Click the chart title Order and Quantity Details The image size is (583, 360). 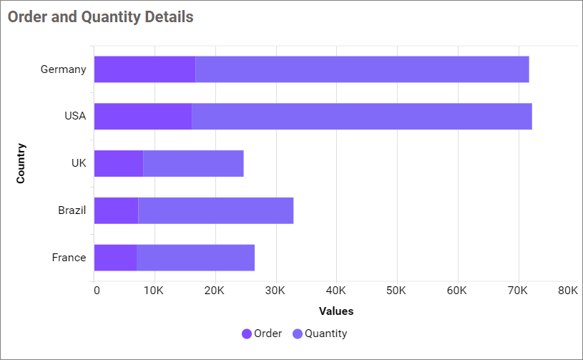click(100, 17)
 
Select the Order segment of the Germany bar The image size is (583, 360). click(144, 69)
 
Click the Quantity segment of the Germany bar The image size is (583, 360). click(362, 69)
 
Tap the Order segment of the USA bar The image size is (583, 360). click(143, 117)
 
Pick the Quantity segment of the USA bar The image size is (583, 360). click(362, 117)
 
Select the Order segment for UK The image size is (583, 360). click(119, 163)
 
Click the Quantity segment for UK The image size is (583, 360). click(193, 163)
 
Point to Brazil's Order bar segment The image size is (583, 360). click(116, 210)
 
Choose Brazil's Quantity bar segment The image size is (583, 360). click(215, 210)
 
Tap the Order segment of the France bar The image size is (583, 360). click(115, 258)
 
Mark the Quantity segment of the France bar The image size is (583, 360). click(195, 258)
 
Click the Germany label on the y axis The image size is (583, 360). click(63, 69)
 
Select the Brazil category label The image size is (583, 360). click(72, 210)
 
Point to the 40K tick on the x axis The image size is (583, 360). click(335, 291)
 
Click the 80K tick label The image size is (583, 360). click(568, 291)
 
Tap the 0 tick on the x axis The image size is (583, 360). click(97, 291)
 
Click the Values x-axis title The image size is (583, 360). click(336, 311)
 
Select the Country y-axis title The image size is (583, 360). click(21, 163)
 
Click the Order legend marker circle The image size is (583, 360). click(247, 334)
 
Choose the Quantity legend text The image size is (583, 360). click(325, 334)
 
